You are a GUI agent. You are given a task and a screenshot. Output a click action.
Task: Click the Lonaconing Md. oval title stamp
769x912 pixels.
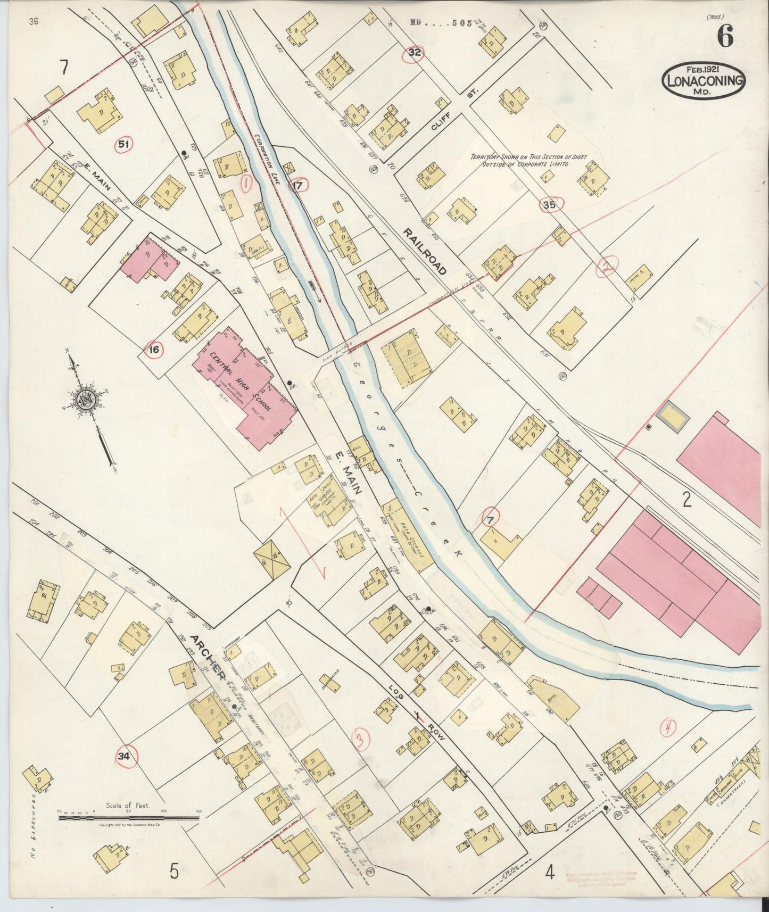pyautogui.click(x=703, y=81)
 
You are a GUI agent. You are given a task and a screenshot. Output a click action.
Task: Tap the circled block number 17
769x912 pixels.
pyautogui.click(x=298, y=186)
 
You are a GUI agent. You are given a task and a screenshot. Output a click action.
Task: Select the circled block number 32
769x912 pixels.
pyautogui.click(x=415, y=52)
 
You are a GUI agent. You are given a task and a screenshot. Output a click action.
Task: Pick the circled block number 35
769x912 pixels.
pyautogui.click(x=550, y=205)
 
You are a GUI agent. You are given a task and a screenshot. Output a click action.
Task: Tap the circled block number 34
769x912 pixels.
pyautogui.click(x=125, y=757)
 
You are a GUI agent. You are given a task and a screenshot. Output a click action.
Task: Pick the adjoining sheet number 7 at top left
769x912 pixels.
pyautogui.click(x=64, y=68)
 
